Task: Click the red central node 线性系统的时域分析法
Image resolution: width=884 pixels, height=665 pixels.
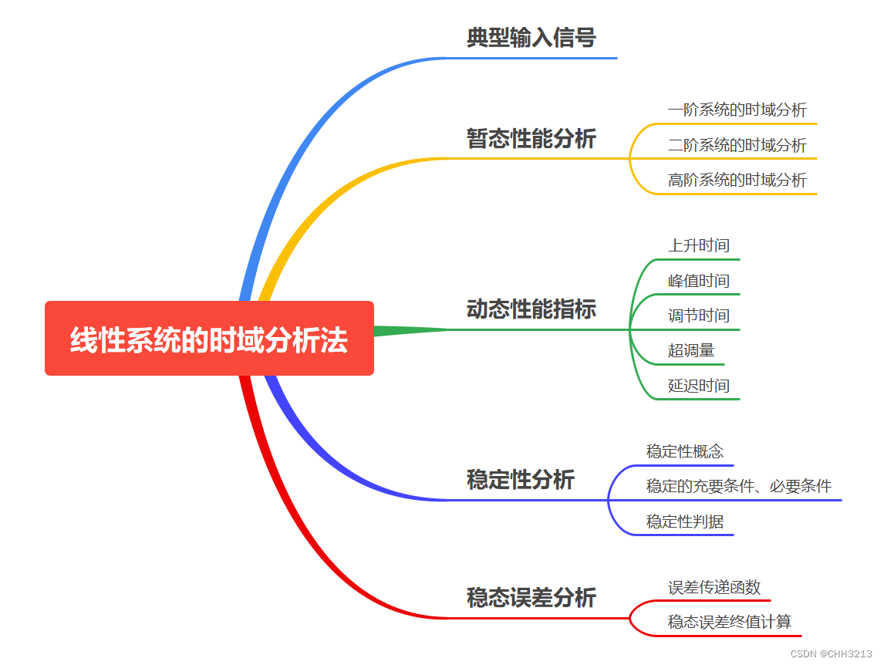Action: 209,339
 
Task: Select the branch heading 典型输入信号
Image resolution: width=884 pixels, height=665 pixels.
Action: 531,38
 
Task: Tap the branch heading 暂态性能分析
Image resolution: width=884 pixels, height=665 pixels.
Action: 531,139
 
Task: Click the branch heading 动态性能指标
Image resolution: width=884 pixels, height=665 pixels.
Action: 531,309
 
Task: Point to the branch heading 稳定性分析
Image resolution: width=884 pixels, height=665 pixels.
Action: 520,480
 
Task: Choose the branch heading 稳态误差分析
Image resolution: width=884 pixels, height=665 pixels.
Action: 531,598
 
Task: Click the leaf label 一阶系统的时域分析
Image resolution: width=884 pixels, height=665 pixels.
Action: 737,110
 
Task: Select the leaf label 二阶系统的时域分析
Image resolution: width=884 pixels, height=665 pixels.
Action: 737,145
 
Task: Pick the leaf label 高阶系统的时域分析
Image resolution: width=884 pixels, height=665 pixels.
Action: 737,180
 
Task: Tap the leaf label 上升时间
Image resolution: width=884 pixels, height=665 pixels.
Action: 698,246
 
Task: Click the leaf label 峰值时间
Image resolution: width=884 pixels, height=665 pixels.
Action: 698,281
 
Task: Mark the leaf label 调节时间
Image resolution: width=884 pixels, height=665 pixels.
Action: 698,316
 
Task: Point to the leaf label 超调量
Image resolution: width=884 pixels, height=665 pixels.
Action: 690,350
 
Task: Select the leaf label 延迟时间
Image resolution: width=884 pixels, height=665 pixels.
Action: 698,386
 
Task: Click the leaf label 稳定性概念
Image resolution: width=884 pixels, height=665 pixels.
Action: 684,451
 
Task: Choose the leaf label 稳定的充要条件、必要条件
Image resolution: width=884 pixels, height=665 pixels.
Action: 738,486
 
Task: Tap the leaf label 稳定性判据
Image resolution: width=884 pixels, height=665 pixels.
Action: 684,522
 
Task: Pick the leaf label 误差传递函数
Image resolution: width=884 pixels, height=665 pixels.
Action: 714,587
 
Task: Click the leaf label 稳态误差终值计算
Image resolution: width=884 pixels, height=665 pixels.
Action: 729,622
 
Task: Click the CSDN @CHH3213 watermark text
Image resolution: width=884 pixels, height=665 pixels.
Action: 831,653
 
